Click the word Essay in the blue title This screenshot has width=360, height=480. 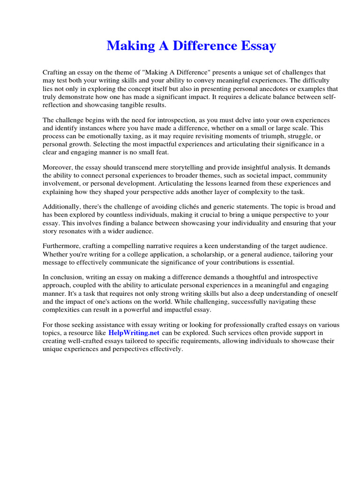coord(257,46)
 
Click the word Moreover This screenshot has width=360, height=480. coord(58,167)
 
